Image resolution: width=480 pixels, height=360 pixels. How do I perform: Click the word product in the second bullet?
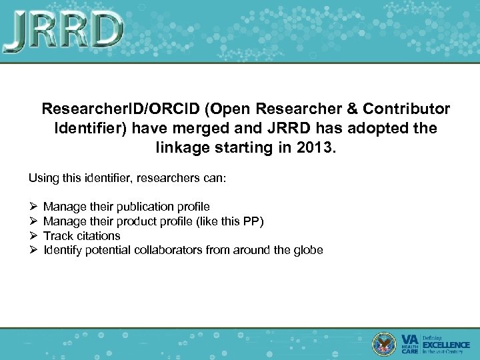151,221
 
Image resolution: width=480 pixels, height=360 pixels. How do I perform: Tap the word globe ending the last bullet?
309,251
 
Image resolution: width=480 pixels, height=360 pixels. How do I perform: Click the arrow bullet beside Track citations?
33,236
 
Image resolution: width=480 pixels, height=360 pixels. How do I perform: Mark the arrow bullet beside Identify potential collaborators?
33,251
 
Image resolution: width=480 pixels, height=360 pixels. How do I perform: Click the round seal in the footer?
385,343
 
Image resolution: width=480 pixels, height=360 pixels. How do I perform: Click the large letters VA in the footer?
409,339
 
